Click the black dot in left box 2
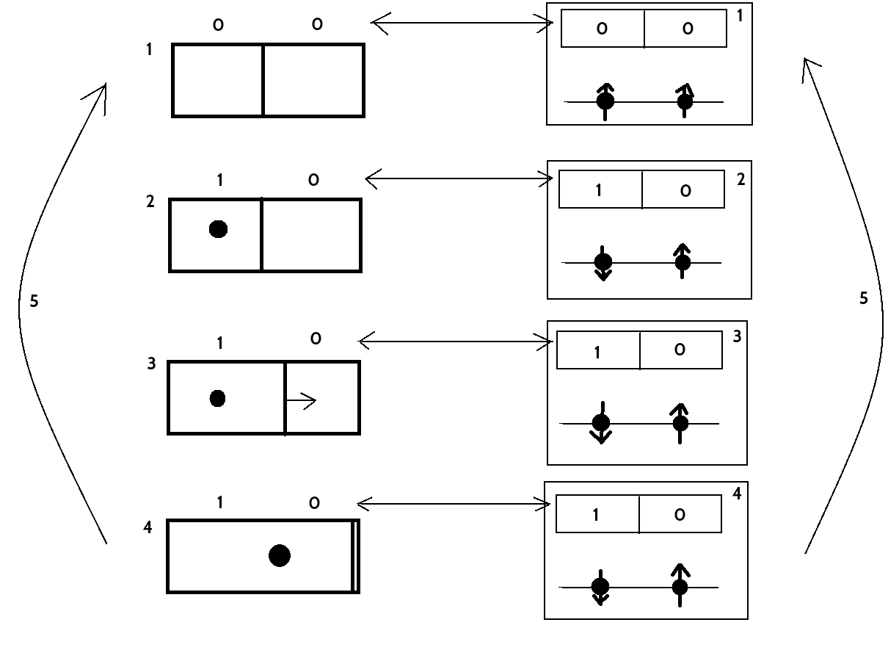(x=218, y=229)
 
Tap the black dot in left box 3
(x=217, y=398)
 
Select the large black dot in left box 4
(x=279, y=556)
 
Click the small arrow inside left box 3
(x=301, y=400)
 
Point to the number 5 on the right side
(x=863, y=298)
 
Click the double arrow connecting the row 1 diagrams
(x=462, y=24)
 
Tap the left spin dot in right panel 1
(x=605, y=101)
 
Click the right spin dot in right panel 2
(x=683, y=262)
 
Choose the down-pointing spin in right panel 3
(x=601, y=423)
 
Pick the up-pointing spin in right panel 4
(x=680, y=586)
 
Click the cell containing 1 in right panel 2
(x=600, y=190)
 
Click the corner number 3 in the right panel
(x=737, y=336)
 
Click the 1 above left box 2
(x=218, y=180)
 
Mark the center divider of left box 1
(x=263, y=80)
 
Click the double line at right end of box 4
(x=355, y=556)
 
